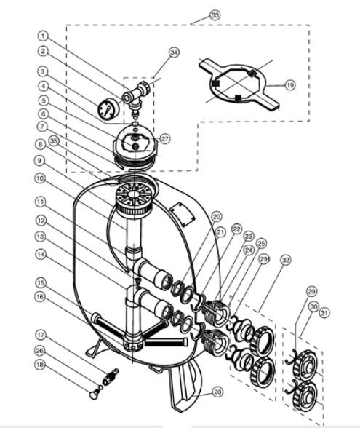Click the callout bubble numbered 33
click(215, 15)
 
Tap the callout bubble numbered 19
click(290, 85)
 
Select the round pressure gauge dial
click(108, 110)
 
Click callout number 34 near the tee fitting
click(174, 52)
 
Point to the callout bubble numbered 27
click(165, 138)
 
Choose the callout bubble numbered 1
click(43, 36)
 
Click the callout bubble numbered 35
click(54, 141)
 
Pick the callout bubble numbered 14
click(41, 254)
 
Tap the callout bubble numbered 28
click(217, 392)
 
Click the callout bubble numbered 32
click(285, 260)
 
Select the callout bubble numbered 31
click(324, 312)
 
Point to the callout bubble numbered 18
click(40, 365)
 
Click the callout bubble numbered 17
click(41, 335)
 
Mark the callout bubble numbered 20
click(216, 217)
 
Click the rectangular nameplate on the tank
click(183, 214)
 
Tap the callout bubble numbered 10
click(40, 178)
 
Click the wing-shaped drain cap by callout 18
click(95, 394)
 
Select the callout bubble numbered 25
click(262, 243)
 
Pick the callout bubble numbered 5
click(43, 100)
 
